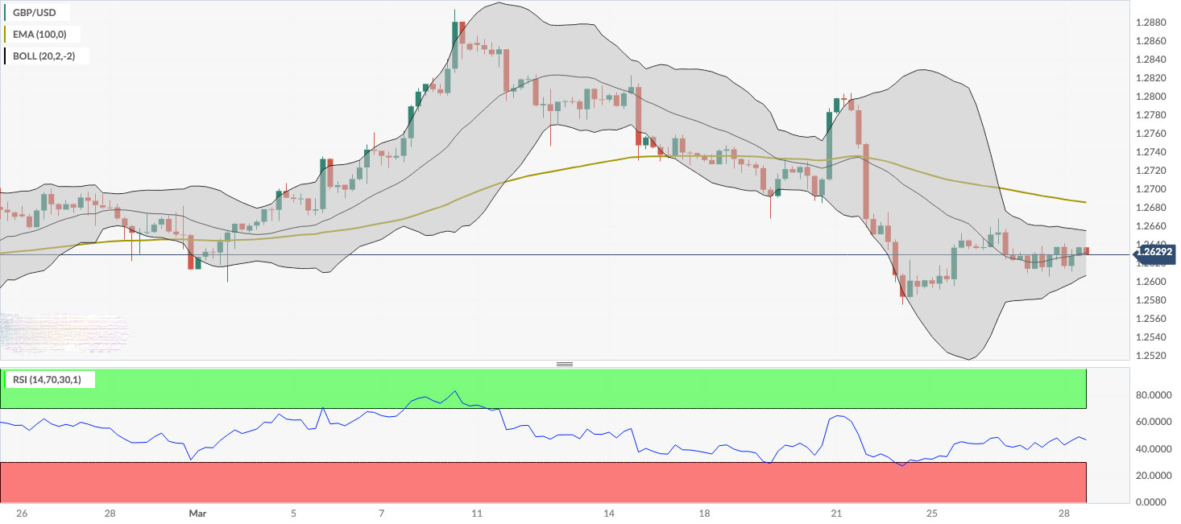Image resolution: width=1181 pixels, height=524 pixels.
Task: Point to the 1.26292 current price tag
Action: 1154,255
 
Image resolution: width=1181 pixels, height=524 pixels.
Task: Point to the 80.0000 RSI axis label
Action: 1152,396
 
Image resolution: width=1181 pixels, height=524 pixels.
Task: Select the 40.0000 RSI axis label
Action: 1152,449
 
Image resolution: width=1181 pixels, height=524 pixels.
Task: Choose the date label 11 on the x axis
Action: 477,514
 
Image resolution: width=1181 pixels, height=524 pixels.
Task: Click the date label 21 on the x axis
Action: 836,514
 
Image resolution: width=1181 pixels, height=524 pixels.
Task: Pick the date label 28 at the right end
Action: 1064,514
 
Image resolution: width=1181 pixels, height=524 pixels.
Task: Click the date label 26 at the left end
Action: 22,514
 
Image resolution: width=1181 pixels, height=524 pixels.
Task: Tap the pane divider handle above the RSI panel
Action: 565,365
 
